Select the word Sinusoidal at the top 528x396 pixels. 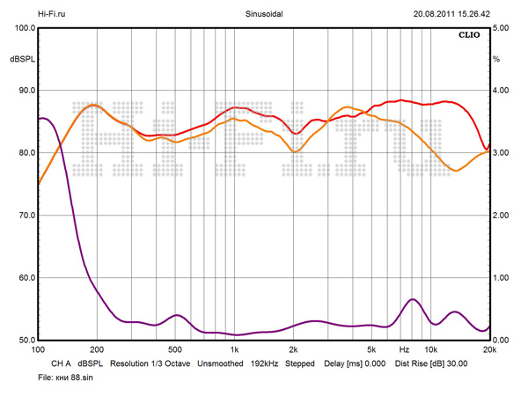pyautogui.click(x=265, y=13)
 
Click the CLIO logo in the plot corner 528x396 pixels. pyautogui.click(x=472, y=36)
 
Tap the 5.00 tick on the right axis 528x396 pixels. pyautogui.click(x=502, y=28)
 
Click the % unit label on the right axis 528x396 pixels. pyautogui.click(x=496, y=59)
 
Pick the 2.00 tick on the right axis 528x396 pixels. pyautogui.click(x=502, y=216)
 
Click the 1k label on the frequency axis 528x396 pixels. pyautogui.click(x=235, y=349)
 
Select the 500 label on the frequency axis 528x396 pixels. pyautogui.click(x=175, y=349)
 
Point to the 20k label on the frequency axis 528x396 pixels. pyautogui.click(x=489, y=349)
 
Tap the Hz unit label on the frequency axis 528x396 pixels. pyautogui.click(x=405, y=349)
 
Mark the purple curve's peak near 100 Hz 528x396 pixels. pyautogui.click(x=42, y=118)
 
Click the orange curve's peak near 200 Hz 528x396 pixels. pyautogui.click(x=94, y=106)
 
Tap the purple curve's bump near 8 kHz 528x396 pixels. pyautogui.click(x=412, y=300)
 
